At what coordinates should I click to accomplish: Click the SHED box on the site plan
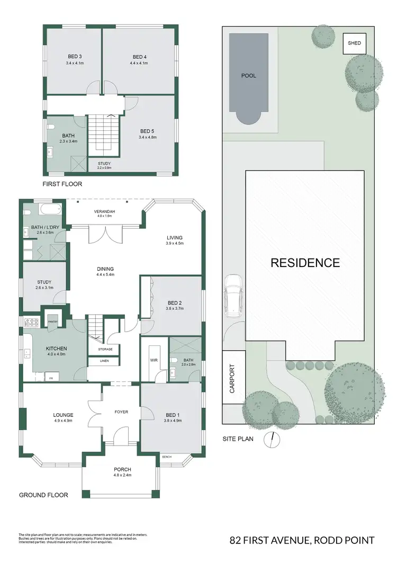[354, 43]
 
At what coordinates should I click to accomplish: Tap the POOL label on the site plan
[248, 76]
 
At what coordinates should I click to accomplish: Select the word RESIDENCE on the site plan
[305, 262]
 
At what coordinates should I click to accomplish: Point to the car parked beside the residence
[233, 296]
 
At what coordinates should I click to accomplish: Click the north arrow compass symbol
[273, 438]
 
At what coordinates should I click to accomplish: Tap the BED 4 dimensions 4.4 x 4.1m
[139, 63]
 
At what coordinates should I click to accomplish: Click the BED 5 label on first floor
[148, 131]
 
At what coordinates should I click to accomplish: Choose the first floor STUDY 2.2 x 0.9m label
[104, 165]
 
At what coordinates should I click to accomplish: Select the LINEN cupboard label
[105, 361]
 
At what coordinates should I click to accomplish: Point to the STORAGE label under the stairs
[105, 349]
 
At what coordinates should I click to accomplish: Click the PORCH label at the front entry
[122, 469]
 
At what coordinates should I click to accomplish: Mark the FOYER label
[122, 411]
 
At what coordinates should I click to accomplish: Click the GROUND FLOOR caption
[43, 495]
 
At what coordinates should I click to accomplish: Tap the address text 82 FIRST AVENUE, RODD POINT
[302, 540]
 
